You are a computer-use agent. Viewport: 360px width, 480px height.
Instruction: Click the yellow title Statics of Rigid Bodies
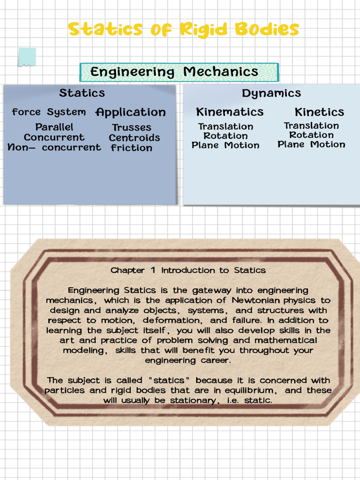coord(183,29)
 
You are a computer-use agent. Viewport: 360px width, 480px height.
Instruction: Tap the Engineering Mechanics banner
coord(179,72)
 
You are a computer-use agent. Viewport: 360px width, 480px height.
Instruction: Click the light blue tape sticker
coord(27,57)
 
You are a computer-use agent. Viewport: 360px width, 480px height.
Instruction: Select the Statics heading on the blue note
coord(82,93)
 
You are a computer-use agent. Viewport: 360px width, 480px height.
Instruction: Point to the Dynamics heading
coord(271,93)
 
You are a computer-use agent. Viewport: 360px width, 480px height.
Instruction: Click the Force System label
coord(49,112)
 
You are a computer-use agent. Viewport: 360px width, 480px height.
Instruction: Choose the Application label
coord(130,112)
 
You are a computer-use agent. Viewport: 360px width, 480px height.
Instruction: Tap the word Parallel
coord(54,127)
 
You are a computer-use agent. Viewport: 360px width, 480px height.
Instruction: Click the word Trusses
coord(132,127)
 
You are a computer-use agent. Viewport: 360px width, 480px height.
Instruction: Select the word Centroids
coord(135,138)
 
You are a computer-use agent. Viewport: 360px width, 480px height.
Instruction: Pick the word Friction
coord(132,148)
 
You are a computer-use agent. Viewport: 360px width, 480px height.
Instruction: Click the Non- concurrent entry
coord(54,148)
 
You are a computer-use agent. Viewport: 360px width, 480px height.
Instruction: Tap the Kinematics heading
coord(230,112)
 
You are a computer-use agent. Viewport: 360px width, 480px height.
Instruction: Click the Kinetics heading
coord(319,112)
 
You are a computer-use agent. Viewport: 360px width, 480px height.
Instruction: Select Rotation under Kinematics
coord(225,136)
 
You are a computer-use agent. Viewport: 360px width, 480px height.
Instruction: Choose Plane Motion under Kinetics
coord(311,144)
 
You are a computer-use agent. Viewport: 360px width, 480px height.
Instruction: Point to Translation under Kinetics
coord(311,126)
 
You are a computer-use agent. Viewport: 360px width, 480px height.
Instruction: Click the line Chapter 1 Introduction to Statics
coord(188,270)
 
